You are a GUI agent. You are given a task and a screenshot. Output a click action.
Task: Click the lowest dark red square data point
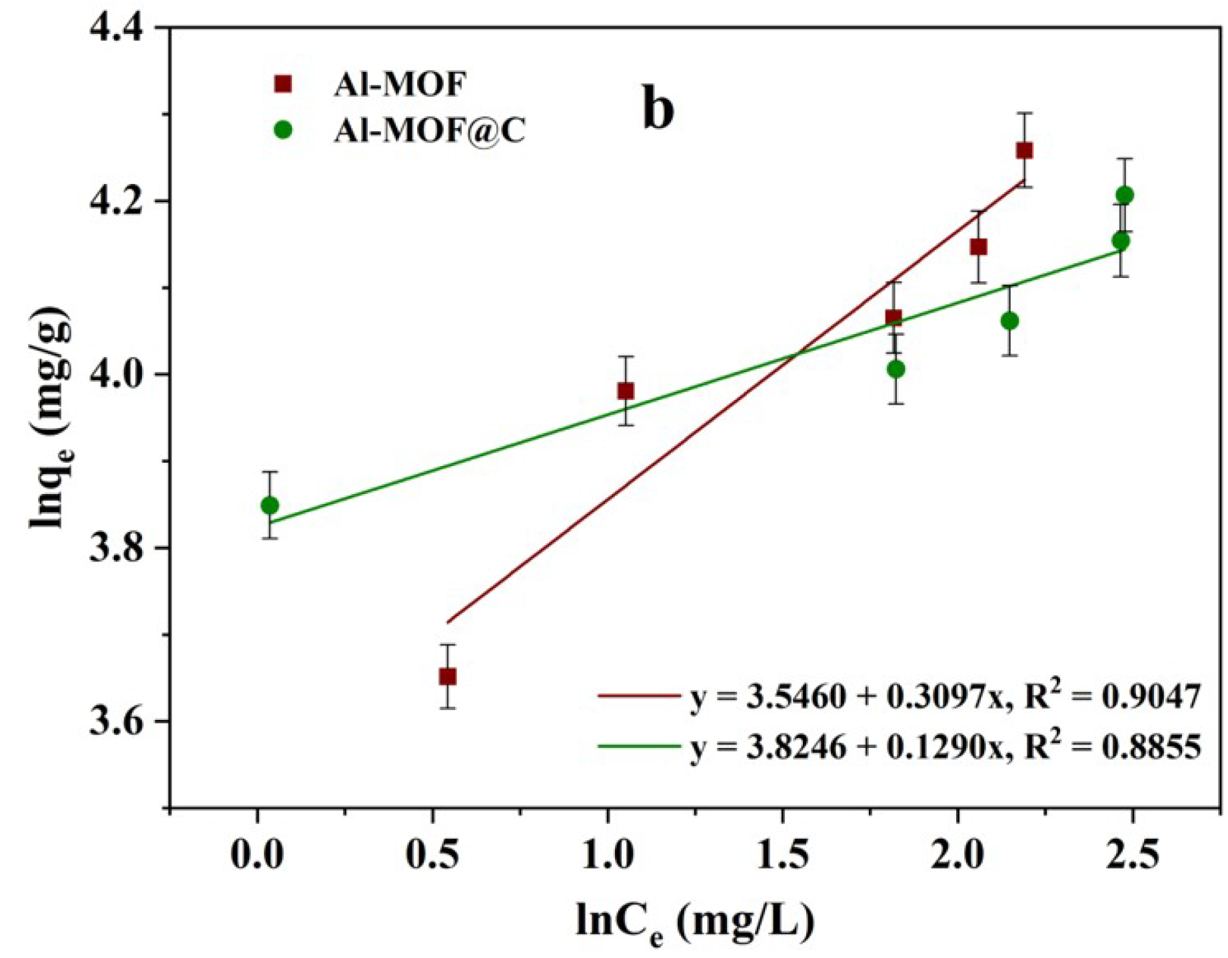pyautogui.click(x=448, y=677)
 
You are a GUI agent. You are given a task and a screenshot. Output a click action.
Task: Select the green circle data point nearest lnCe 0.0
pyautogui.click(x=269, y=505)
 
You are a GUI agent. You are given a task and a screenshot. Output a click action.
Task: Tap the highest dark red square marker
pyautogui.click(x=1024, y=151)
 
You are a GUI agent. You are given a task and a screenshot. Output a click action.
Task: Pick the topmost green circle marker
pyautogui.click(x=1125, y=195)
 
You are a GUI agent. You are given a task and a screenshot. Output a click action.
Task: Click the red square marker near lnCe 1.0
pyautogui.click(x=625, y=391)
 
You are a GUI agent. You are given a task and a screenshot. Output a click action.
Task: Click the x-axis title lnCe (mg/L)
pyautogui.click(x=695, y=923)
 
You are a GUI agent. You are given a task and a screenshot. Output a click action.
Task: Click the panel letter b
pyautogui.click(x=658, y=109)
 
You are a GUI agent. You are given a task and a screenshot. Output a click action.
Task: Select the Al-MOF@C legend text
pyautogui.click(x=430, y=131)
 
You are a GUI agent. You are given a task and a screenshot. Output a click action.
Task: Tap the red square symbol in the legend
pyautogui.click(x=284, y=83)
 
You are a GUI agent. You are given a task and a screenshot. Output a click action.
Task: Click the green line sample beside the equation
pyautogui.click(x=638, y=746)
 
